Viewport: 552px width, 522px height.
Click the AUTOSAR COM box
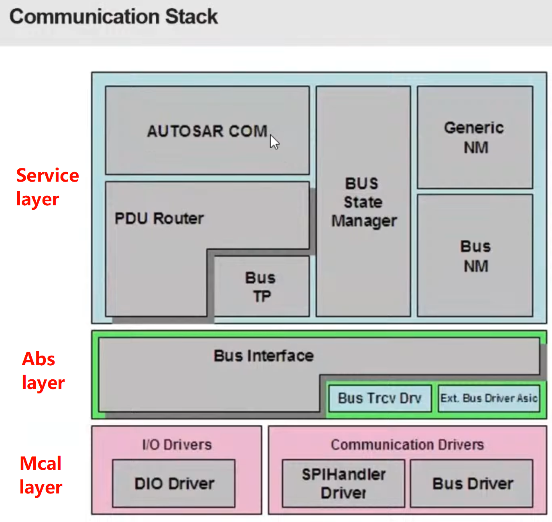click(x=207, y=131)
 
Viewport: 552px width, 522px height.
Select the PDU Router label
click(x=159, y=219)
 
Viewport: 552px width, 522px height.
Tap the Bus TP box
click(x=261, y=287)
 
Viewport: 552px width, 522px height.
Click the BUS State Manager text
click(x=363, y=202)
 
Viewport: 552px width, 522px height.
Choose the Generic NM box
click(x=475, y=137)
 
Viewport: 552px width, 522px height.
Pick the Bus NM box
click(x=475, y=256)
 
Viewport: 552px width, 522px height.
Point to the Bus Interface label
click(x=264, y=356)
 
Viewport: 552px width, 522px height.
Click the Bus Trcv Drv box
click(x=380, y=398)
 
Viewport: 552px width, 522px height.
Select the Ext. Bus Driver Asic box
click(x=489, y=398)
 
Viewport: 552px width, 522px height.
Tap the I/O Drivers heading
click(x=177, y=445)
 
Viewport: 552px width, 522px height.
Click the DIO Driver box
click(x=174, y=483)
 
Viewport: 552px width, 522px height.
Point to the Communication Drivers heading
click(x=407, y=445)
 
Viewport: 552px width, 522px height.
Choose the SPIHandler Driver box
click(x=343, y=483)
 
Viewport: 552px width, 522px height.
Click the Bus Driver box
click(x=472, y=483)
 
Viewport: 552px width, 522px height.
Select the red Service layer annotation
click(x=47, y=187)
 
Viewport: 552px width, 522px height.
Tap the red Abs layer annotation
click(x=43, y=371)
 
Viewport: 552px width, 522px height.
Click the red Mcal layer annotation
click(x=41, y=475)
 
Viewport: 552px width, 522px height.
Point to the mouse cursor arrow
click(x=274, y=142)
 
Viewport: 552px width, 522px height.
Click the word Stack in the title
click(x=191, y=17)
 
